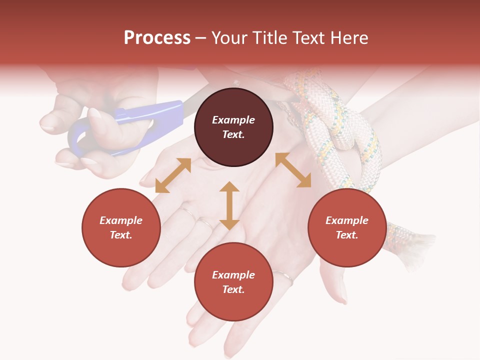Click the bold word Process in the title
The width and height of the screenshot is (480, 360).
pos(157,38)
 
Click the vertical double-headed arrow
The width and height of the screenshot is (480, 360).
pos(229,205)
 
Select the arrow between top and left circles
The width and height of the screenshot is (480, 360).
pos(173,175)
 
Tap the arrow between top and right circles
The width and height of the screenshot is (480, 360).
pos(293,170)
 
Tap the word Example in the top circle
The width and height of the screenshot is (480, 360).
pos(233,120)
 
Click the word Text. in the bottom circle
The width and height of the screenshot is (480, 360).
pos(233,289)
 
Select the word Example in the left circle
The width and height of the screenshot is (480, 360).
pos(121,220)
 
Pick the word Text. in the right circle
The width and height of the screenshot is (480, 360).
pos(347,235)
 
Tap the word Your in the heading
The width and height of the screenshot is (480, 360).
pos(230,38)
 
